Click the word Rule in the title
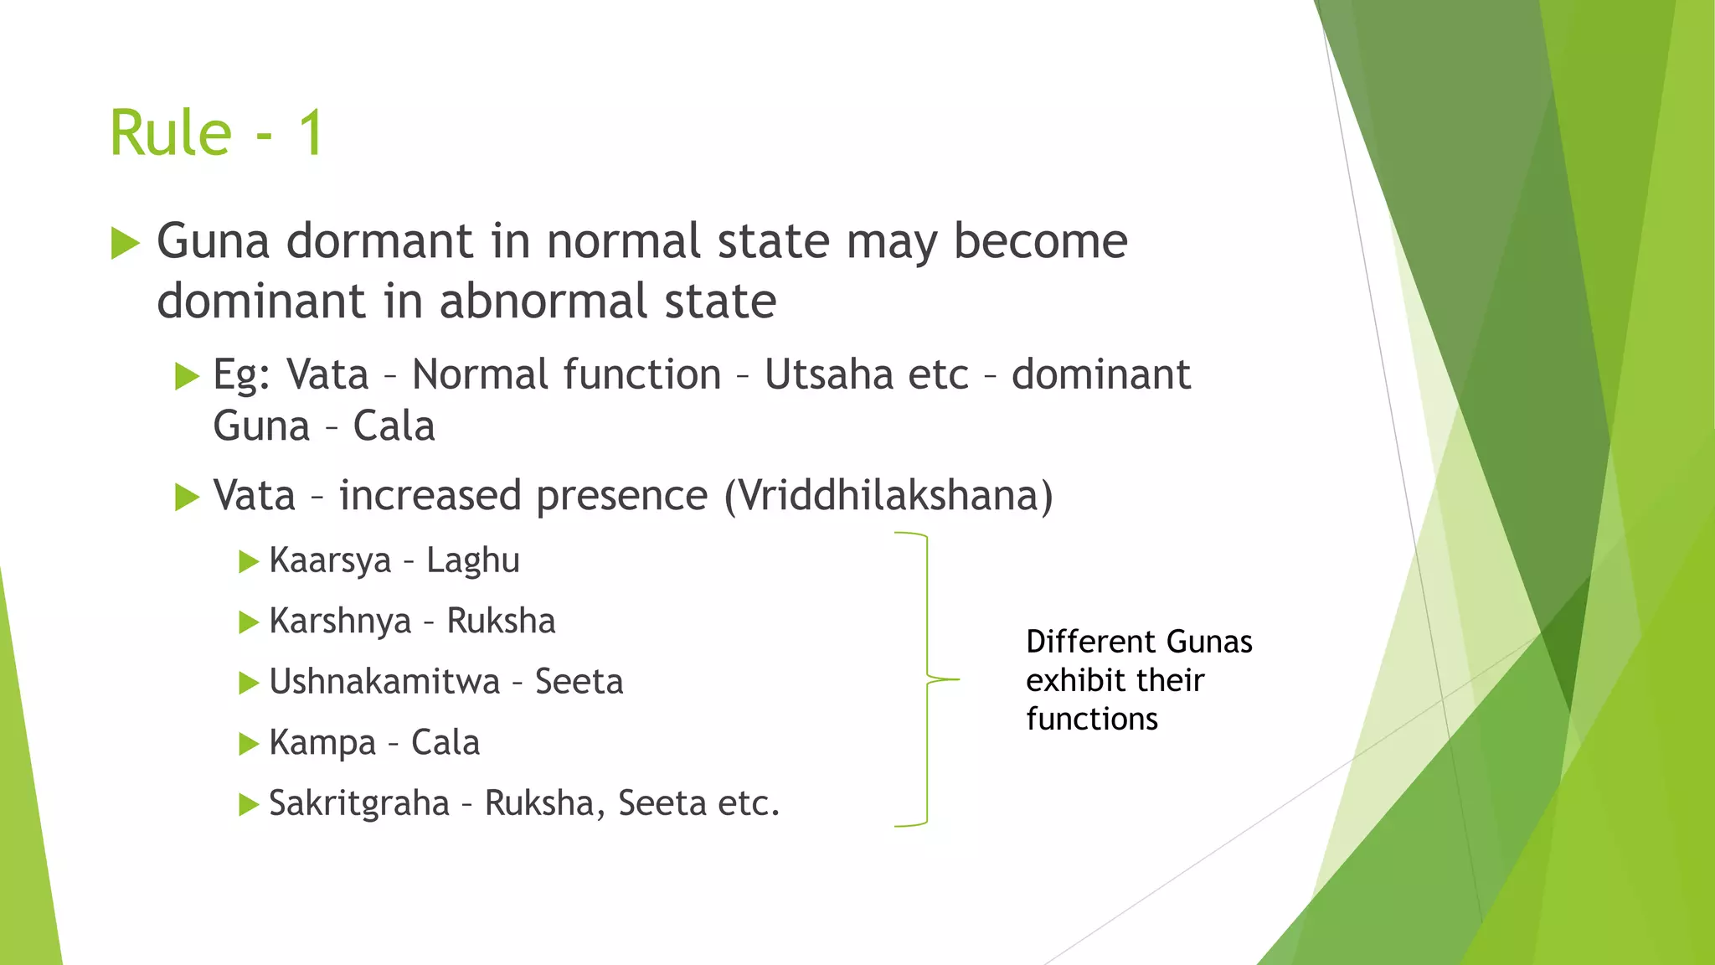point(171,134)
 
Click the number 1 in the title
point(311,134)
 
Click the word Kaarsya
point(330,560)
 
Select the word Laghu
point(473,560)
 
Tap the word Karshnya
point(340,622)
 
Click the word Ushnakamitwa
point(384,682)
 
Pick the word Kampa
point(322,743)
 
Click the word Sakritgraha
point(359,803)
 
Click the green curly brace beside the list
point(926,679)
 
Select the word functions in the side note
point(1092,719)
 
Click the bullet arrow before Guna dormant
point(125,244)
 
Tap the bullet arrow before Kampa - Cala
point(248,743)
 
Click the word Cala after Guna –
point(394,426)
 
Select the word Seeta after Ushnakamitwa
point(579,682)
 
